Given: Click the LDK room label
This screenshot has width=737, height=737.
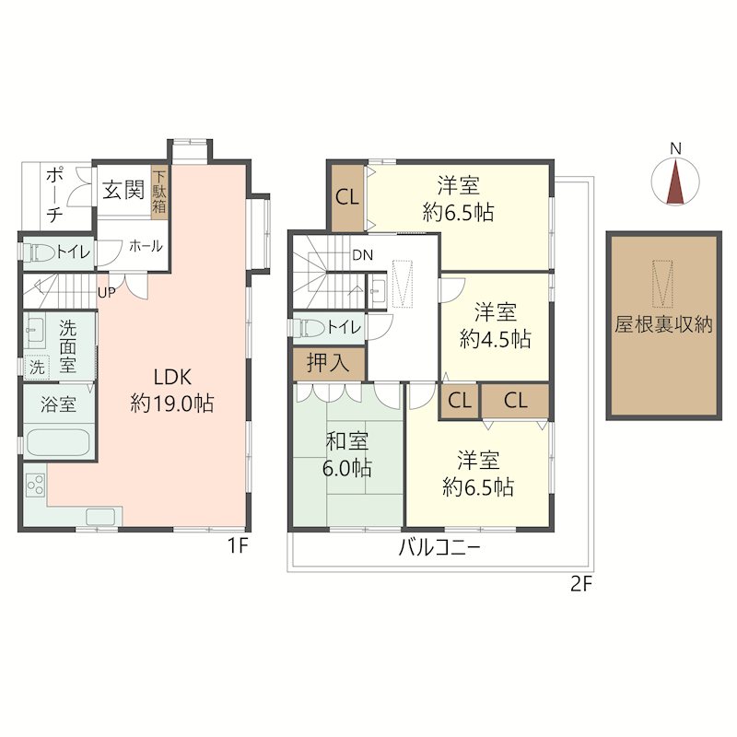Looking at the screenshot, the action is pyautogui.click(x=172, y=390).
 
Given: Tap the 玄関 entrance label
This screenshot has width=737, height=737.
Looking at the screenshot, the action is pyautogui.click(x=123, y=191).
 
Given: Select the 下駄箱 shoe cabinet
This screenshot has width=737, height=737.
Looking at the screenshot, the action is pyautogui.click(x=158, y=192).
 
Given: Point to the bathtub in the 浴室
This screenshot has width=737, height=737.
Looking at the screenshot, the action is pyautogui.click(x=58, y=442).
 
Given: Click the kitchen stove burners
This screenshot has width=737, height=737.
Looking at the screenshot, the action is pyautogui.click(x=36, y=485).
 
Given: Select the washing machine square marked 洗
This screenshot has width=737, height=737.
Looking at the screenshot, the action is pyautogui.click(x=37, y=367).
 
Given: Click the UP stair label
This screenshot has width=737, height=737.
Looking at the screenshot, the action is pyautogui.click(x=106, y=292).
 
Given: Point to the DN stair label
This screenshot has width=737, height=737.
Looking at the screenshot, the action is pyautogui.click(x=362, y=255).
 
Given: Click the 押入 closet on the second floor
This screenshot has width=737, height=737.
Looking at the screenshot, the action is pyautogui.click(x=329, y=363).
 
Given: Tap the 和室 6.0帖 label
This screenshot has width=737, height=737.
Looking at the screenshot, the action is pyautogui.click(x=347, y=454).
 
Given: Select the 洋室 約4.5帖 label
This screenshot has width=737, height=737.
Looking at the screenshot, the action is pyautogui.click(x=496, y=326).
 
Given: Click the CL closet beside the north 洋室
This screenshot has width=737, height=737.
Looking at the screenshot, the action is pyautogui.click(x=347, y=197).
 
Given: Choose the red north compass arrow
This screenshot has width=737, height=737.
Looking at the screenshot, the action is pyautogui.click(x=675, y=182).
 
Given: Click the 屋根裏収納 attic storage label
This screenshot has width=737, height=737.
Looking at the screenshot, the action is pyautogui.click(x=663, y=324).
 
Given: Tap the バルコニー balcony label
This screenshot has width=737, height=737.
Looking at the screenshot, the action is pyautogui.click(x=439, y=547).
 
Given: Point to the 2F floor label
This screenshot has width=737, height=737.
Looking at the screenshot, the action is pyautogui.click(x=581, y=584).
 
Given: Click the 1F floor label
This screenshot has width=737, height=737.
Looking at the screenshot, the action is pyautogui.click(x=238, y=545).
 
